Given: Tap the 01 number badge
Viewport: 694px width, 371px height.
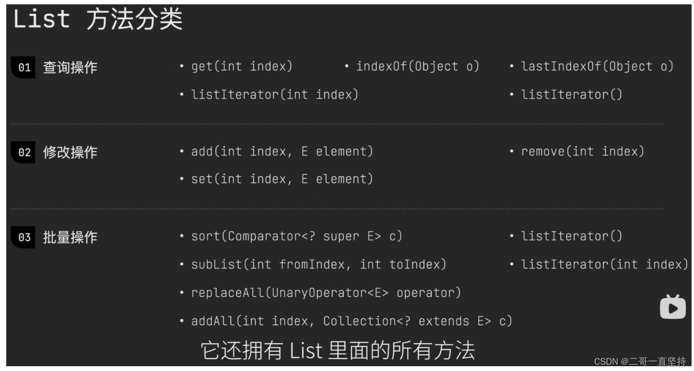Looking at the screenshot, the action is [x=24, y=68].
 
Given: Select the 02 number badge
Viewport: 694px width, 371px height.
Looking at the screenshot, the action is [x=24, y=153].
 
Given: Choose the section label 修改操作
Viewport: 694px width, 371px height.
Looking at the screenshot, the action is [x=70, y=153].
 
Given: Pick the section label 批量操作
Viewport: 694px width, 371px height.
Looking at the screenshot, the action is [x=70, y=238].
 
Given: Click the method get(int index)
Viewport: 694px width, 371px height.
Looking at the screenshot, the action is [x=241, y=67].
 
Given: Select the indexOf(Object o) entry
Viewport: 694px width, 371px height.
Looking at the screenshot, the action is [x=417, y=67].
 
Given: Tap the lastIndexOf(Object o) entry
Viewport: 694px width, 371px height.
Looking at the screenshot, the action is [x=597, y=67].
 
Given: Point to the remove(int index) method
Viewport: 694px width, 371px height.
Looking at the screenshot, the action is [x=582, y=152].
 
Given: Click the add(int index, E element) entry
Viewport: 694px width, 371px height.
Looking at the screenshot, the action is [x=282, y=152].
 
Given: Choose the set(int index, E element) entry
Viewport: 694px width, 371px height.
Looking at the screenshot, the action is [x=282, y=179].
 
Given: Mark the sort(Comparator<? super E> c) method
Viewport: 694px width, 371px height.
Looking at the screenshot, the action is [x=296, y=236].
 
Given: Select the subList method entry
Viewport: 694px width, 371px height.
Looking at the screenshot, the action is [x=318, y=264].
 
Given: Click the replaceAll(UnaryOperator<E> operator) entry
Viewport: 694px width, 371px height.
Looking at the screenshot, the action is [x=326, y=293].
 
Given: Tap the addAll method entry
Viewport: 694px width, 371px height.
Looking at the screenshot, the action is [x=351, y=321].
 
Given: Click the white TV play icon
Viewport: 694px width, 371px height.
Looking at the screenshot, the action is [x=672, y=307].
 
